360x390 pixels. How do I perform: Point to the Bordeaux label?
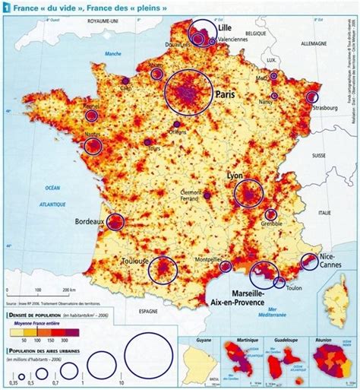[90, 222]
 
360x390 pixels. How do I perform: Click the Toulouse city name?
[134, 259]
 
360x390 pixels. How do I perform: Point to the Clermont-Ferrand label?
[197, 196]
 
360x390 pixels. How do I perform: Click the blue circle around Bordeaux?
[115, 222]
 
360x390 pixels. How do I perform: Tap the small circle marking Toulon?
[279, 283]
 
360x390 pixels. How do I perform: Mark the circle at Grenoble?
[271, 214]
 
